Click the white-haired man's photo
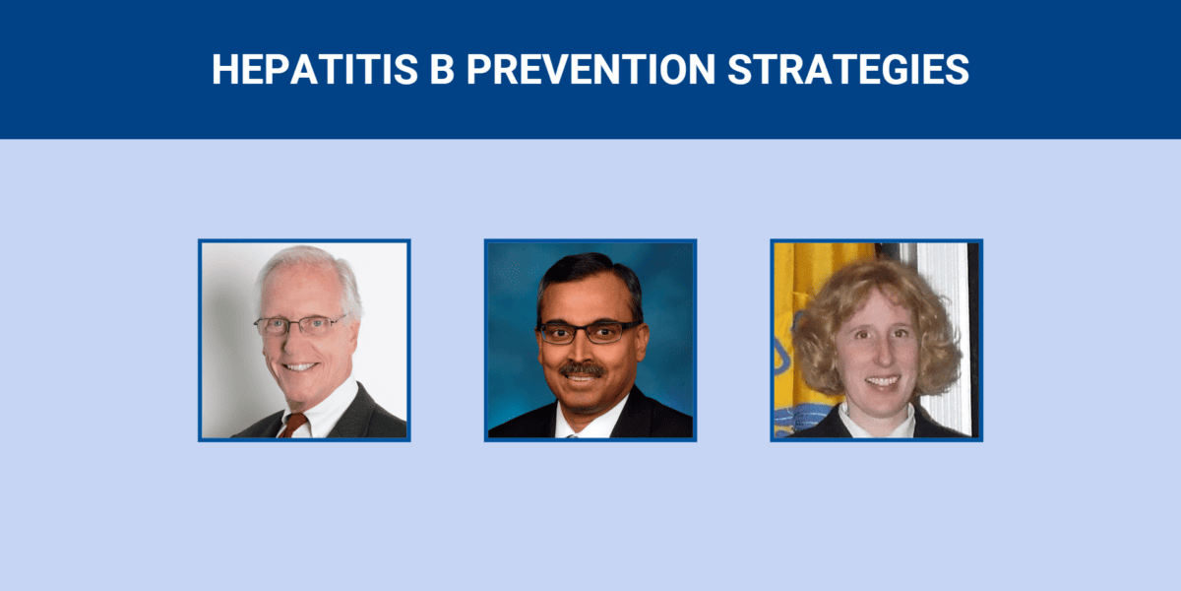point(304,340)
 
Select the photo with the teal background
point(590,340)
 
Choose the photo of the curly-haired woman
point(876,340)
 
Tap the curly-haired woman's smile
point(882,381)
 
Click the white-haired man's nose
point(300,342)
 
